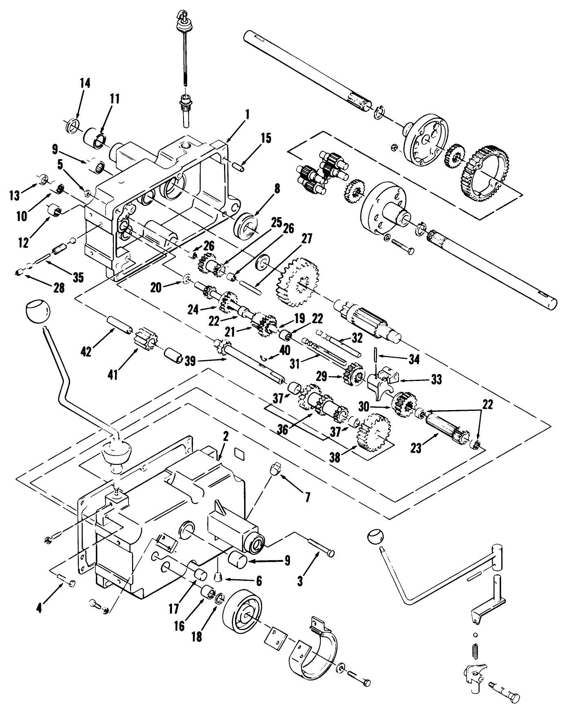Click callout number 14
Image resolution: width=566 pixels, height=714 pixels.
point(85,83)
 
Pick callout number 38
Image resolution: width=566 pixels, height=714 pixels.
point(335,458)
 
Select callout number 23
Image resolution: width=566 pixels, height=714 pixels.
point(416,449)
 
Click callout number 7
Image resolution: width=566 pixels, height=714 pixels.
point(307,497)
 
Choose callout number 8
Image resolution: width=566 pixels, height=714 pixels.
point(277,189)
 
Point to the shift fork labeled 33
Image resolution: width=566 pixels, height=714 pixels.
point(380,381)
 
